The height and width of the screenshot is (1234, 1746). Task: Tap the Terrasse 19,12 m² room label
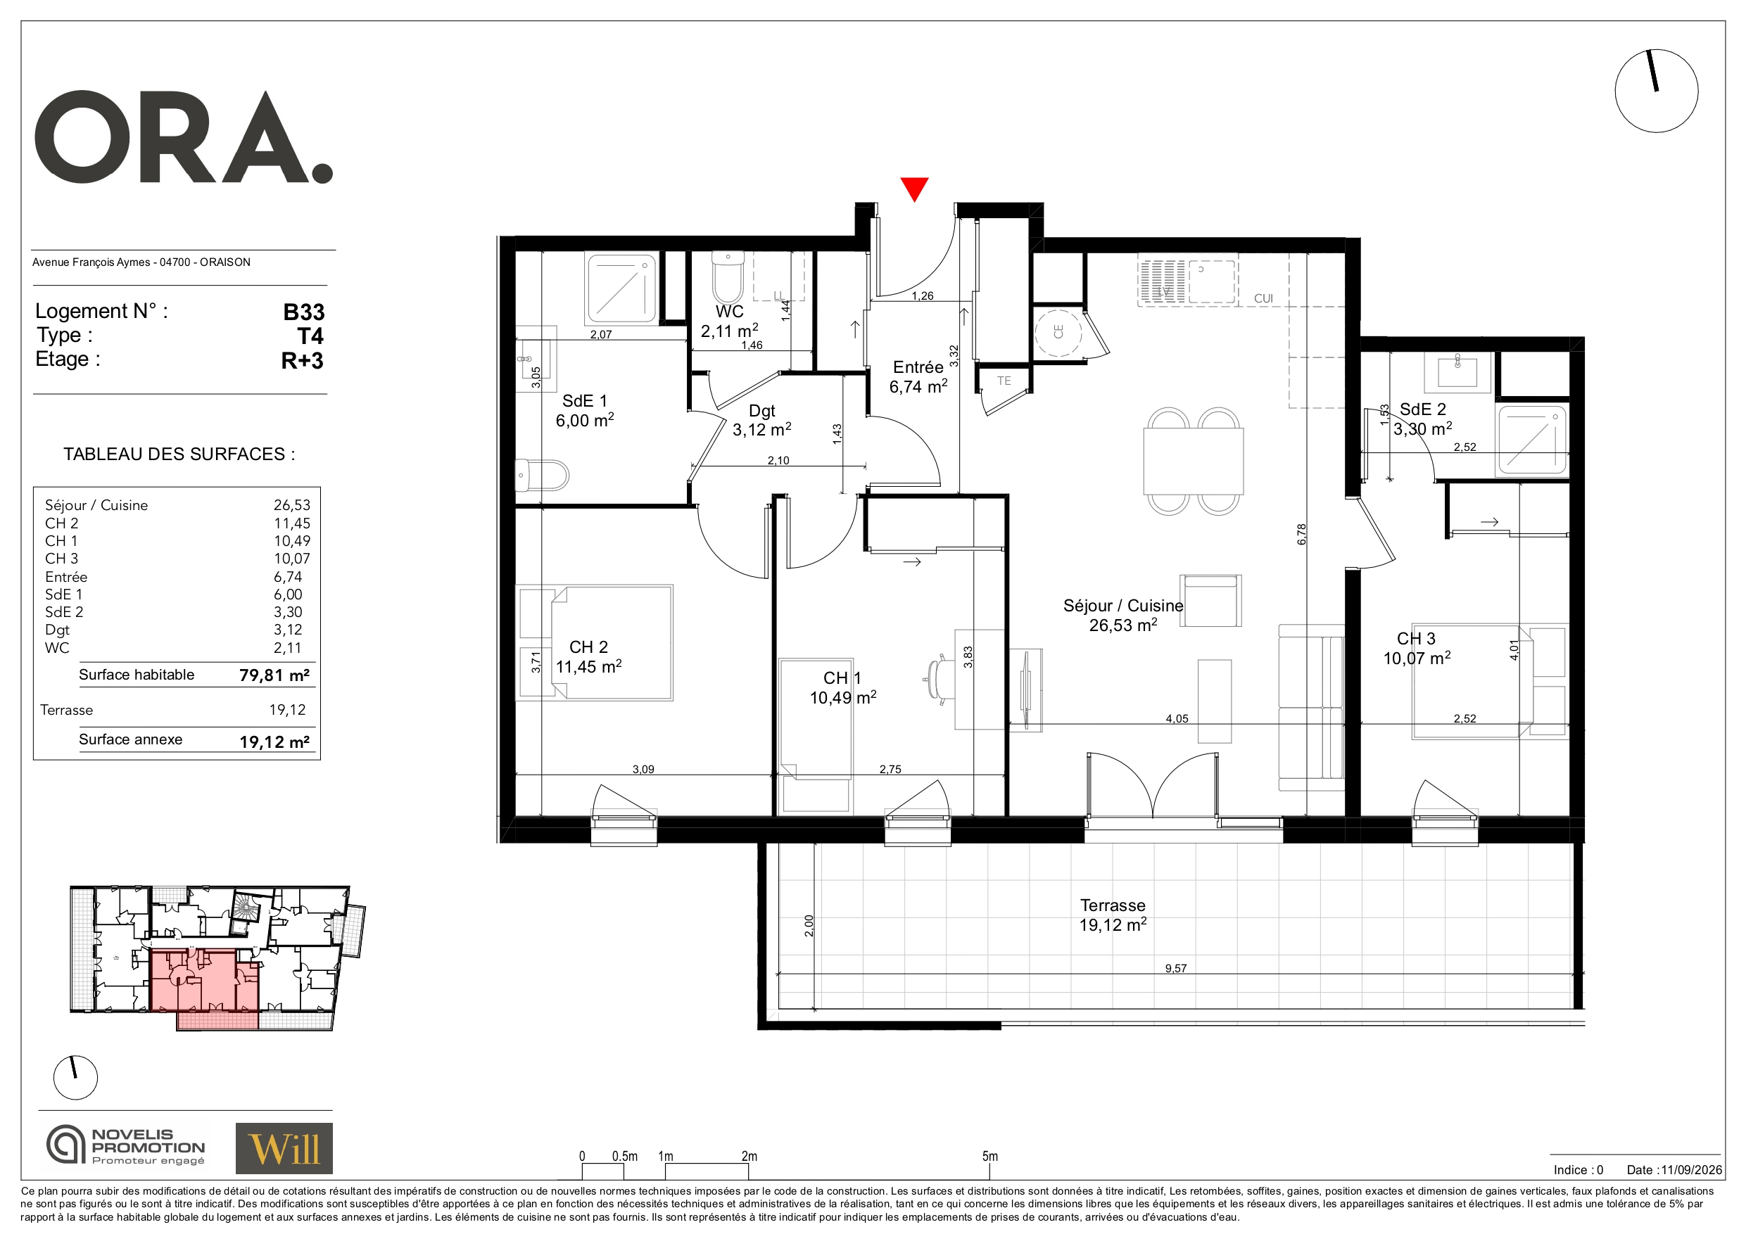pos(1113,915)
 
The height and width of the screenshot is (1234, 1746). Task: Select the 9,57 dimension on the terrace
pos(1176,968)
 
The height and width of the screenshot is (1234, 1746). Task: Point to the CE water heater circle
pos(1058,331)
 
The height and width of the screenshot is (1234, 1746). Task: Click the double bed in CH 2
pos(612,642)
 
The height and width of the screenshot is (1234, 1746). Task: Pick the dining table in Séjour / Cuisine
pos(1193,462)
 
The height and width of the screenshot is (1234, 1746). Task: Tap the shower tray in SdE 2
pos(1532,440)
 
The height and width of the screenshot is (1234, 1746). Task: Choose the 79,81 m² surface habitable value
pos(274,675)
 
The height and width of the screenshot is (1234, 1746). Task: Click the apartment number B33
pos(303,312)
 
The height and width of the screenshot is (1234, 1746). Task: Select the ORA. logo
pos(184,137)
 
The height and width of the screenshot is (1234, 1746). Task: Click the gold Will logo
pos(284,1148)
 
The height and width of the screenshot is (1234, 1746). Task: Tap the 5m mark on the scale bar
pos(989,1157)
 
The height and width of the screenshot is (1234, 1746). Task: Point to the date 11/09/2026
pos(1691,1170)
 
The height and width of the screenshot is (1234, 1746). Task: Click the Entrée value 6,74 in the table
pos(289,577)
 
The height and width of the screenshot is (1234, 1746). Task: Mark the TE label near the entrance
pos(1004,381)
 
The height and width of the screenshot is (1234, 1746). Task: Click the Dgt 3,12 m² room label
pos(761,421)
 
